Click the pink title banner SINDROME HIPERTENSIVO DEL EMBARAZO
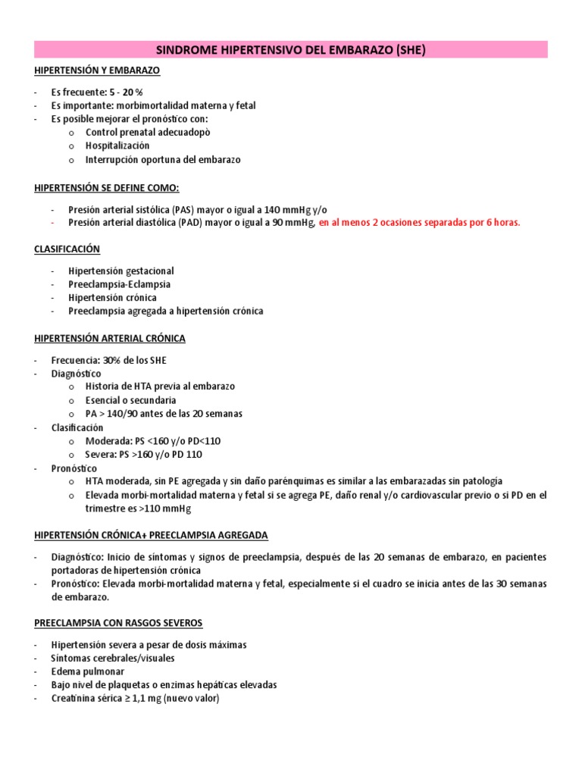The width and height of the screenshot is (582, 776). tap(291, 50)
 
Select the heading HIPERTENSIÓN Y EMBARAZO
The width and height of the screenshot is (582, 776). tap(97, 70)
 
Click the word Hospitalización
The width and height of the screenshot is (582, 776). tap(117, 145)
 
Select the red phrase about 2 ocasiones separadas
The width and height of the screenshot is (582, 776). tap(420, 222)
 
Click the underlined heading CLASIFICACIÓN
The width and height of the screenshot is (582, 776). tap(67, 249)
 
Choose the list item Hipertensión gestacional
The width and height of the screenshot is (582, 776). tap(120, 271)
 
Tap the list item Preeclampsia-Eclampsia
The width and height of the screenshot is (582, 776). tap(119, 284)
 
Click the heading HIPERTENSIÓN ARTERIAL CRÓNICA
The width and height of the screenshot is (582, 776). tap(109, 338)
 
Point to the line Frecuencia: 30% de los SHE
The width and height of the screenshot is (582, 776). tap(108, 360)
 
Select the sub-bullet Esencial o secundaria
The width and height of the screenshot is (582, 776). tap(130, 400)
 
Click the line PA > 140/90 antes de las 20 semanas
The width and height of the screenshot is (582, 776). tap(164, 414)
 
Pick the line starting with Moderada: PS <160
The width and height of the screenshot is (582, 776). tap(153, 441)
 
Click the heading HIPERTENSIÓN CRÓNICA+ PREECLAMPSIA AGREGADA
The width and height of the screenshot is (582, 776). tap(151, 535)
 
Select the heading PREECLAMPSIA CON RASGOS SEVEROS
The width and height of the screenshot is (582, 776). tap(117, 623)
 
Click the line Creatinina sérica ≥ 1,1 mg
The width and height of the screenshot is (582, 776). tap(134, 699)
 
